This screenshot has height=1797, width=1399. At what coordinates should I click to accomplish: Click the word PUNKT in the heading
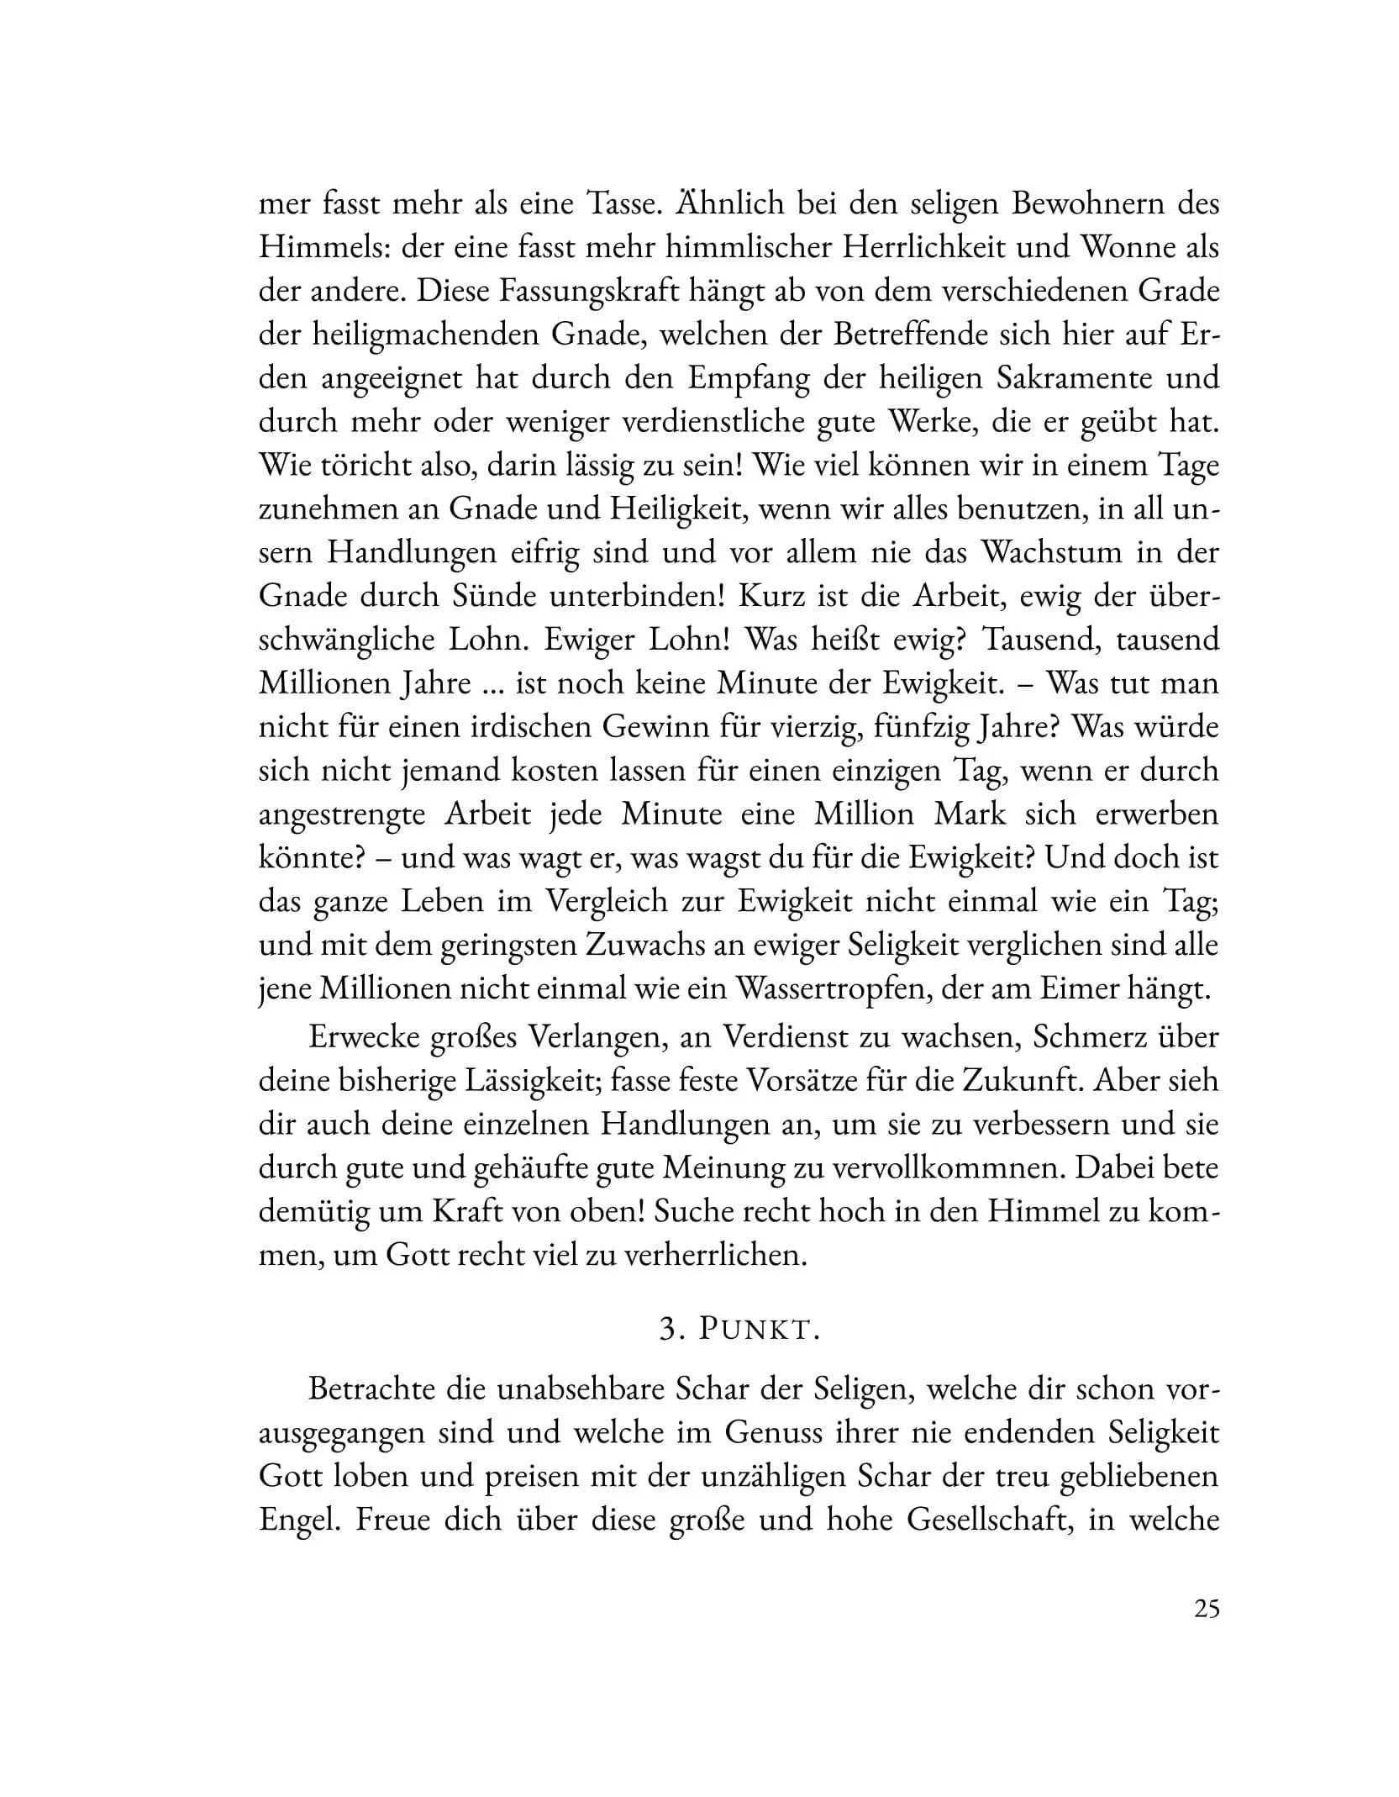click(759, 1330)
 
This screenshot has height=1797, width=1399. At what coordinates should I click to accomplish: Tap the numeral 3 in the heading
click(668, 1330)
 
